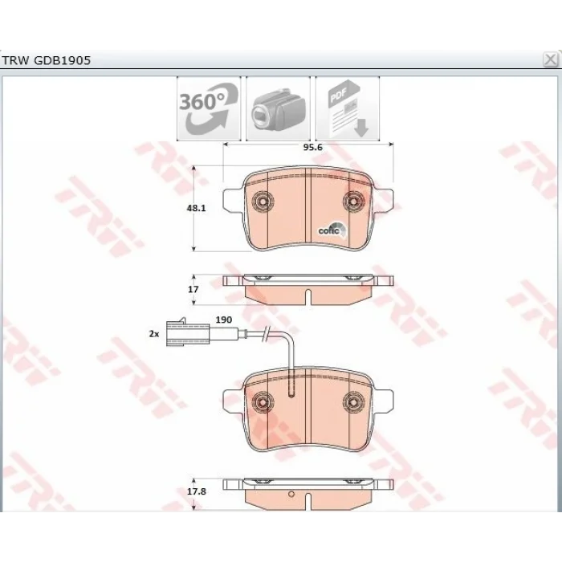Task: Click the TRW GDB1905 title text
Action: point(47,60)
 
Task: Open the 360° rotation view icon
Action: point(209,108)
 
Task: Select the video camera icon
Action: point(278,108)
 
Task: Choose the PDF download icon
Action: point(348,108)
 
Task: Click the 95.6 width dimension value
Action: point(312,147)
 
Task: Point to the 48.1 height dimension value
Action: point(197,208)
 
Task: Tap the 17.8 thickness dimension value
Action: point(197,491)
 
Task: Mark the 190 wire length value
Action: point(224,320)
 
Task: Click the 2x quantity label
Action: point(154,334)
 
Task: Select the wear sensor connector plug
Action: point(188,332)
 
